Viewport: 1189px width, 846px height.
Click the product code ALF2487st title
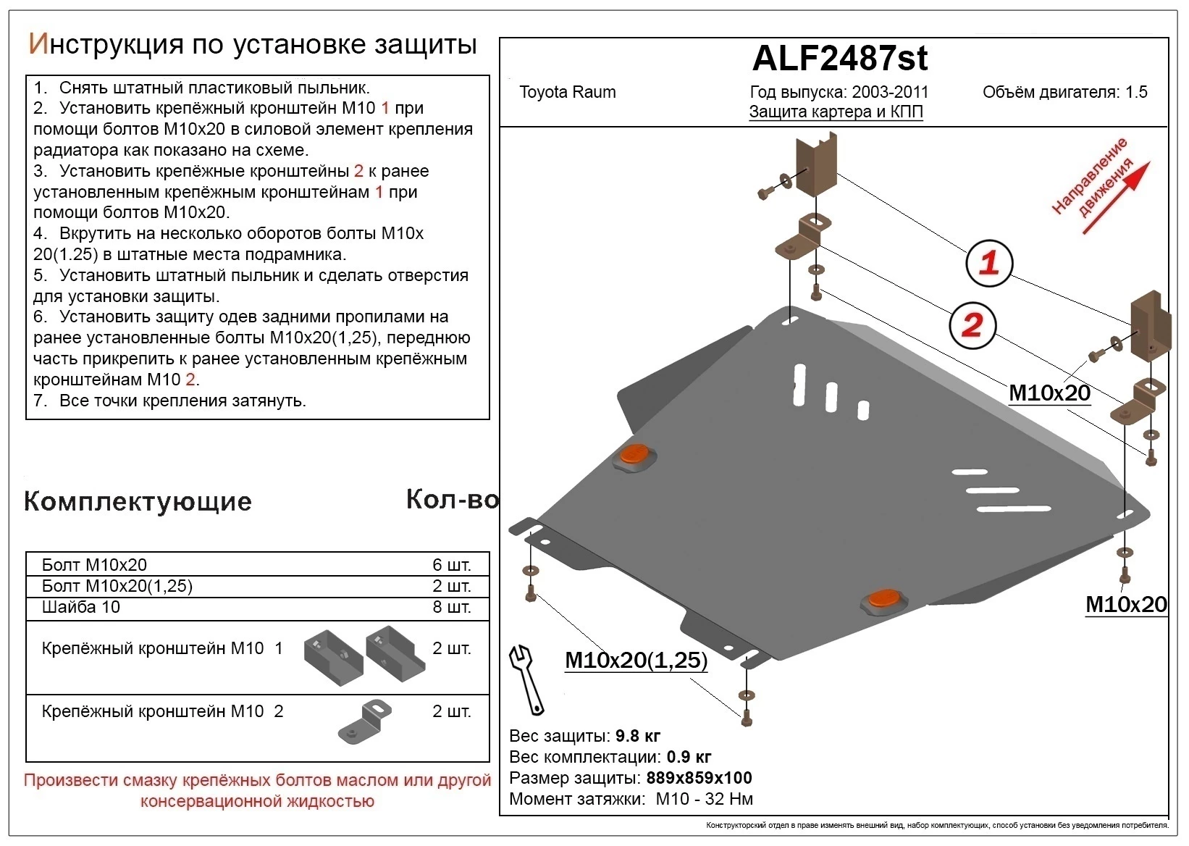click(x=839, y=59)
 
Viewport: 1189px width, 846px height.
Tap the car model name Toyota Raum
click(x=567, y=92)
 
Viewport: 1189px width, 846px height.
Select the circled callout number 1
click(x=988, y=262)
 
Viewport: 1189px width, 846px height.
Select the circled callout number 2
click(x=972, y=324)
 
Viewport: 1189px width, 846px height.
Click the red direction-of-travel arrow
click(x=1115, y=198)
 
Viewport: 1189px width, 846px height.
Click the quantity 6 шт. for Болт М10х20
click(x=451, y=565)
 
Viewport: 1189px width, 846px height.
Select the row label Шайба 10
click(x=81, y=607)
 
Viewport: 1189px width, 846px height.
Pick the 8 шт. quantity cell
click(x=451, y=607)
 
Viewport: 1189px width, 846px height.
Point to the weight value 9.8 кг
click(x=637, y=736)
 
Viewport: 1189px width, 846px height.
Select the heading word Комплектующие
click(x=138, y=501)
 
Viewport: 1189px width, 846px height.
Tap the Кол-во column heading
click(x=452, y=500)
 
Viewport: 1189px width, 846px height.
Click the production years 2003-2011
click(x=889, y=92)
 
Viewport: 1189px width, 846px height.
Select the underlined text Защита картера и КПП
click(x=836, y=112)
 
